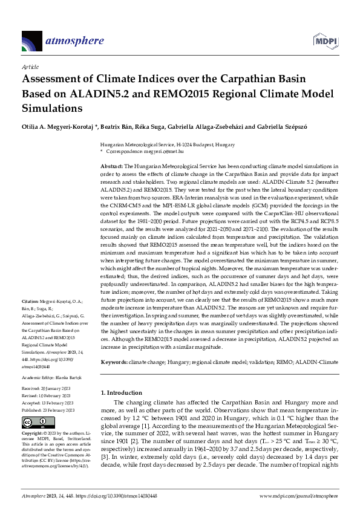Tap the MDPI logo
[x=324, y=41]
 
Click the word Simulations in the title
[x=61, y=109]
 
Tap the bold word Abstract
[x=111, y=165]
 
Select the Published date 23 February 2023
[x=57, y=409]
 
